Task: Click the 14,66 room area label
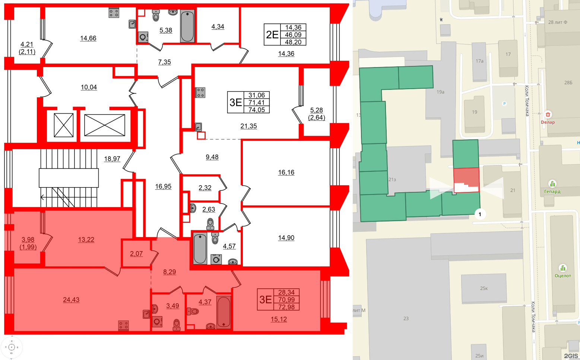tap(88, 38)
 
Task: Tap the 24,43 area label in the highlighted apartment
tap(71, 300)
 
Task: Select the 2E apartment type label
tap(272, 35)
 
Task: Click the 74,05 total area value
tap(256, 110)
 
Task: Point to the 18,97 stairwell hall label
tap(112, 159)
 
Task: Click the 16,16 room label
tap(286, 172)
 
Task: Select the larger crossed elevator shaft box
tap(104, 125)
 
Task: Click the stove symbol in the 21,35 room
tap(200, 92)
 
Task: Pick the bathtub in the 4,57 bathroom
tap(200, 248)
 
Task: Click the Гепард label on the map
tap(552, 192)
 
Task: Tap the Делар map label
tap(548, 122)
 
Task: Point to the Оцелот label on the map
tap(562, 276)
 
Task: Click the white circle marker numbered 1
tap(480, 214)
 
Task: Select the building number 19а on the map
tap(440, 92)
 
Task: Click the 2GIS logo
tap(571, 356)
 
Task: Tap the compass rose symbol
tap(12, 347)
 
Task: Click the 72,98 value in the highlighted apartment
tap(286, 307)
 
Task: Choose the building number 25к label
tap(484, 288)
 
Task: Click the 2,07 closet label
tap(136, 253)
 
